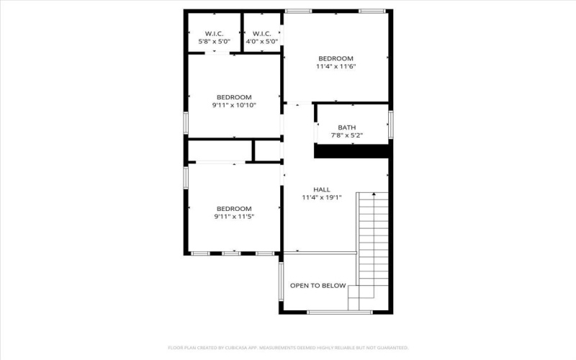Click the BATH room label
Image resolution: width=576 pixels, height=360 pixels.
tap(346, 127)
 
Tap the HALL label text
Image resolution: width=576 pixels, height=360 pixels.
tap(321, 189)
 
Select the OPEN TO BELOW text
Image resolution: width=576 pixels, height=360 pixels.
tap(318, 285)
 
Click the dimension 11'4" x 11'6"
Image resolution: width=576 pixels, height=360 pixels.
tap(336, 66)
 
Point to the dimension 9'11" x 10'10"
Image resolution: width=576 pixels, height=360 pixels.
tap(234, 105)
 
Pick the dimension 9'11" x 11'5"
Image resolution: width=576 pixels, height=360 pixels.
tap(234, 216)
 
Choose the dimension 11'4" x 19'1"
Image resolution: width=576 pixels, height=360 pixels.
tap(321, 197)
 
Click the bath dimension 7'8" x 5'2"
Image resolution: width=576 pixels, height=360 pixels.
tap(346, 135)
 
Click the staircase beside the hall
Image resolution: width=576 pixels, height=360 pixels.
tap(373, 238)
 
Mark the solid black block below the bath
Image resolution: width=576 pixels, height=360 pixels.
tap(353, 150)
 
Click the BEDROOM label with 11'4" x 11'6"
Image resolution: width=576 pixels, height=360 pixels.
tap(336, 58)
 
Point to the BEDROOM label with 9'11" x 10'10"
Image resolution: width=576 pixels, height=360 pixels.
tap(234, 97)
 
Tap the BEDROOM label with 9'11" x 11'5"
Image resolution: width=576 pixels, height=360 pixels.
tap(234, 208)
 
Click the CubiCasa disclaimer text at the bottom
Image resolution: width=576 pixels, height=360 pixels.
tap(288, 347)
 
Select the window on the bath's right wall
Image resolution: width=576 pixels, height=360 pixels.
tap(390, 123)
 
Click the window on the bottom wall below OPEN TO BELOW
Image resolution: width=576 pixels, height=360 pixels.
tap(329, 312)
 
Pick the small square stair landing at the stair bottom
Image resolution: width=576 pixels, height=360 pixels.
tap(358, 297)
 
